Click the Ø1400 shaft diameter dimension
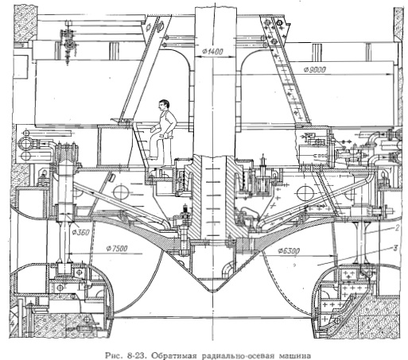click(212, 52)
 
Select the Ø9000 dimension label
click(315, 70)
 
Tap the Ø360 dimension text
click(80, 232)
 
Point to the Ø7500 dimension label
click(117, 249)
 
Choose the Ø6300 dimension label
click(289, 250)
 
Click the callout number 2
click(397, 228)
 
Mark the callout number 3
click(395, 249)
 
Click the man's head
click(164, 105)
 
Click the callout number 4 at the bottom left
click(12, 323)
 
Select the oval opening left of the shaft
click(121, 192)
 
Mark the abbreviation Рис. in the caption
click(115, 355)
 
